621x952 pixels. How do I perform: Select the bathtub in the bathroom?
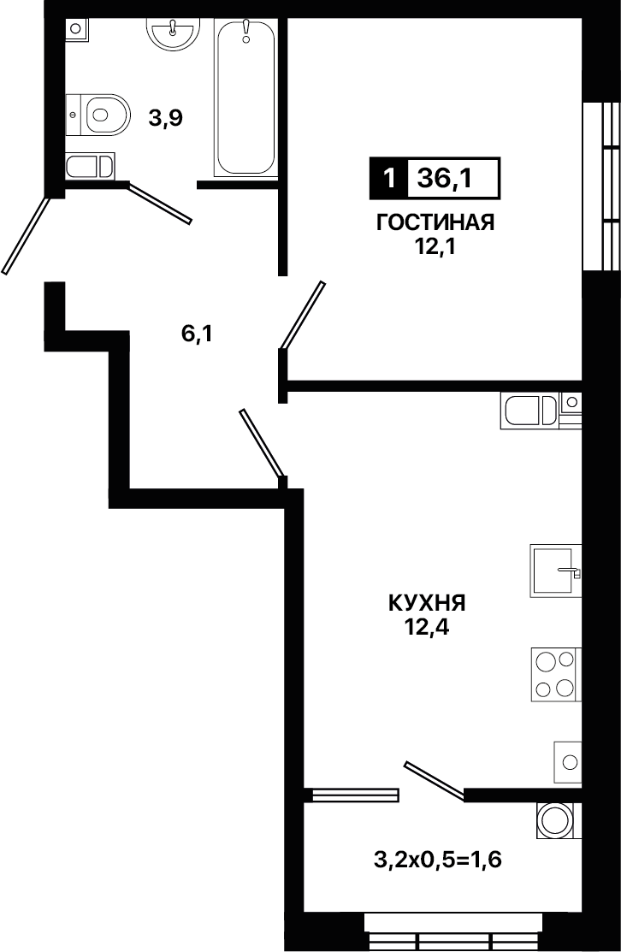click(245, 98)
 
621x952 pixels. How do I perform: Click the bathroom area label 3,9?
click(166, 118)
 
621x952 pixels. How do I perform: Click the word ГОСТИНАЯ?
click(436, 223)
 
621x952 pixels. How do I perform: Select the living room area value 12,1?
click(436, 248)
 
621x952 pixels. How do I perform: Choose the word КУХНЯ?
click(427, 604)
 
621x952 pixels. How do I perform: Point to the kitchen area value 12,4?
click(428, 628)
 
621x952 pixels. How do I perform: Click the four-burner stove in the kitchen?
click(556, 674)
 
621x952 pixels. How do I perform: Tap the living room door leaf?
click(303, 316)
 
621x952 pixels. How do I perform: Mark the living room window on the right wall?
click(601, 185)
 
